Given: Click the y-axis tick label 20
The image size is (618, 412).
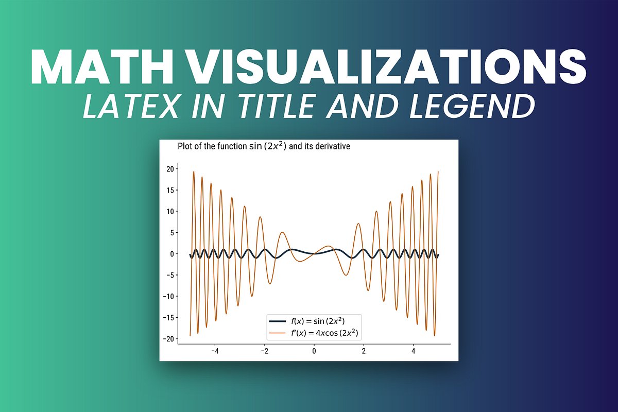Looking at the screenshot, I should click(170, 169).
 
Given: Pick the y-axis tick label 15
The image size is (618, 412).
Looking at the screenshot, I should click(170, 190).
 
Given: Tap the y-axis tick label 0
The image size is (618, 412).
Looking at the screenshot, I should click(172, 253).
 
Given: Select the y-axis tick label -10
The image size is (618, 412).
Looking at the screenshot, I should click(168, 296).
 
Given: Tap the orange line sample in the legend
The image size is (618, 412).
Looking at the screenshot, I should click(278, 334).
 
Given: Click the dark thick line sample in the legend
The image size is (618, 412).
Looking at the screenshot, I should click(278, 321).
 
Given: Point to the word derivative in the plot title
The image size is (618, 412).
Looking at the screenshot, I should click(333, 146).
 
